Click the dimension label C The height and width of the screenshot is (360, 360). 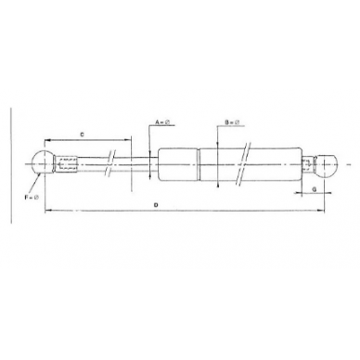pos(84,135)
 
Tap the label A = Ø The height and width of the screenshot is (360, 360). pos(159,122)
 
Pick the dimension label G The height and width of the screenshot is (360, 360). pos(316,188)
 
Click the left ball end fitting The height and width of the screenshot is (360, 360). pos(43,162)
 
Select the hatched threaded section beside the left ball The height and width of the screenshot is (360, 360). pos(66,163)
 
